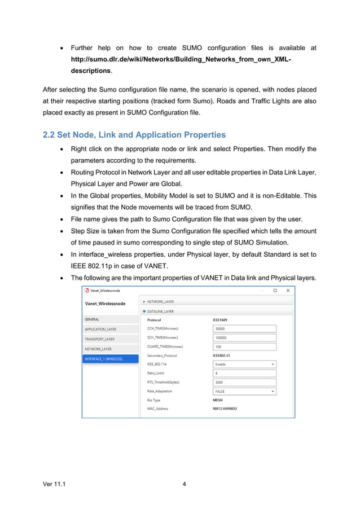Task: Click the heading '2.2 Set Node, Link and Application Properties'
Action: pos(134,135)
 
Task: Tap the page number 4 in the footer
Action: pos(185,484)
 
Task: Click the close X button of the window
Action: pos(287,291)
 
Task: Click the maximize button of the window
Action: pos(275,291)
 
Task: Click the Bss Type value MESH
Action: pos(218,400)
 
